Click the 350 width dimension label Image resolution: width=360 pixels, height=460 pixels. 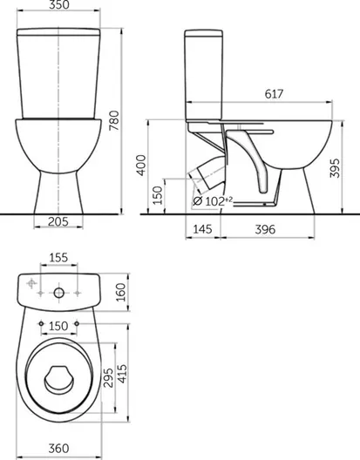[59, 4]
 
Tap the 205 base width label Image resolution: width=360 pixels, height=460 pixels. [58, 221]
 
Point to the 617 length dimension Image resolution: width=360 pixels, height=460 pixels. [274, 94]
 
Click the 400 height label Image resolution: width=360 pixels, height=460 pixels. [141, 166]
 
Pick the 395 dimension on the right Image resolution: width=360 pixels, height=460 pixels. [335, 168]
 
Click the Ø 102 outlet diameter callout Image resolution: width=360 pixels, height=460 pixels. [214, 201]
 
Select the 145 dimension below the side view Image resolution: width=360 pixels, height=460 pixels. [203, 229]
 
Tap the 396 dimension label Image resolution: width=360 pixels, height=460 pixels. [265, 229]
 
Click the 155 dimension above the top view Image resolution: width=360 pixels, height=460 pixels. [58, 258]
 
